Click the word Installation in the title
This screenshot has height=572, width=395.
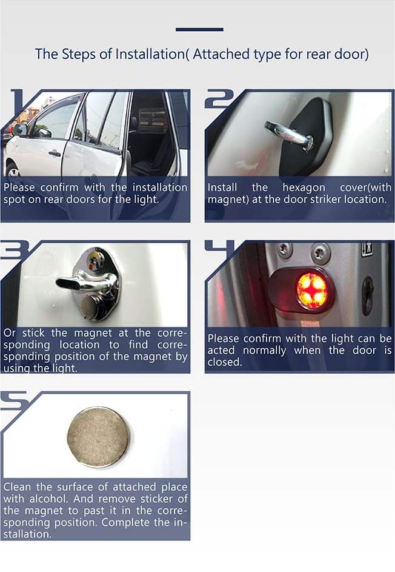tap(150, 54)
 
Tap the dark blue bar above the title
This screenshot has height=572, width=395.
tap(199, 29)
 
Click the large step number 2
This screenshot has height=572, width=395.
tap(219, 99)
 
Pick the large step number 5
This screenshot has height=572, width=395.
tap(15, 401)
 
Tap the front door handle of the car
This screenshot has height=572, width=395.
tap(55, 153)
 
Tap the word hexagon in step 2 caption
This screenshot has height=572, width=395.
tap(304, 188)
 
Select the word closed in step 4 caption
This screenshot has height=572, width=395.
tap(225, 362)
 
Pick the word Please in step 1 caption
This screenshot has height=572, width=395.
tap(19, 187)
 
